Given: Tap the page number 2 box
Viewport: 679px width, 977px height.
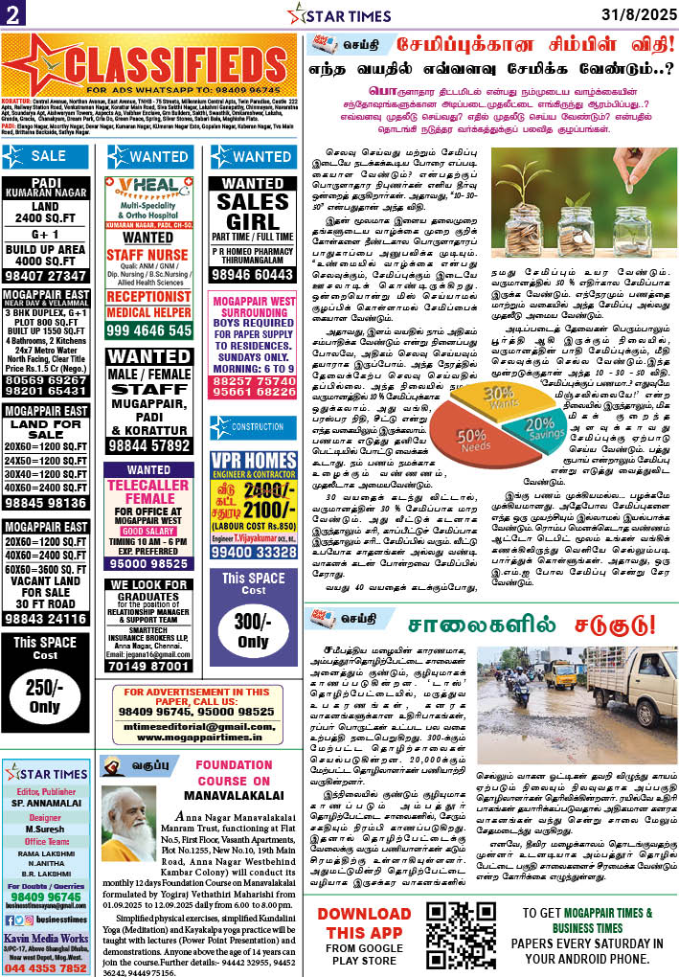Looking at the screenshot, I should (13, 13).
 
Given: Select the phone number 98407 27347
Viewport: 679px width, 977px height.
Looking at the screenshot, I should (48, 275).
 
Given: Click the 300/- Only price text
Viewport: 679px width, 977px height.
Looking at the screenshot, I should (253, 629).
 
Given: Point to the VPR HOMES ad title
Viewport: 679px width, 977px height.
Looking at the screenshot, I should (253, 462).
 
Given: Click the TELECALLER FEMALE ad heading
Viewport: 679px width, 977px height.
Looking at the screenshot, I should (148, 498).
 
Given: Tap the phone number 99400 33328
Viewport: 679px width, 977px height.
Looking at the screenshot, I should (253, 552).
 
